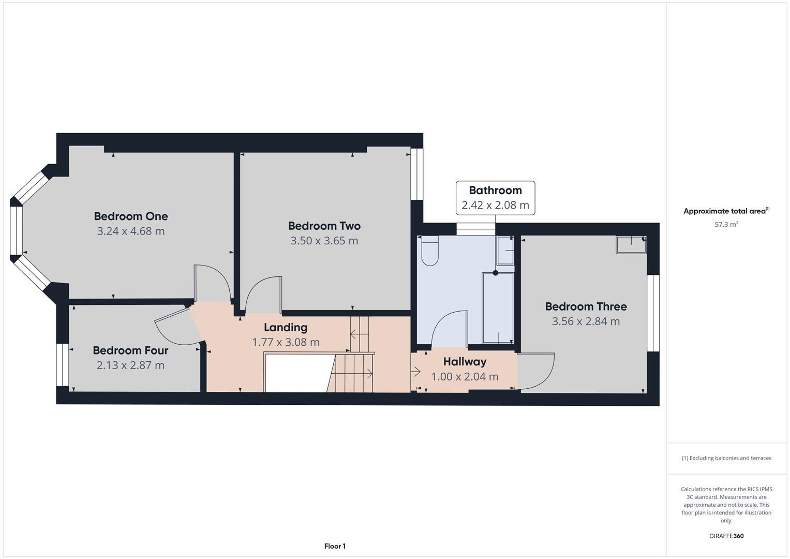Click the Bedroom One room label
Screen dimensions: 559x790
click(130, 216)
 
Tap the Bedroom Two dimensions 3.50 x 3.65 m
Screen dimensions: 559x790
click(324, 241)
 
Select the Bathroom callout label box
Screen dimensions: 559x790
click(495, 198)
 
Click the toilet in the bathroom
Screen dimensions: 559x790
click(429, 251)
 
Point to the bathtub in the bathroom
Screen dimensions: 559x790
click(498, 308)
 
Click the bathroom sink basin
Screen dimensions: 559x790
click(505, 251)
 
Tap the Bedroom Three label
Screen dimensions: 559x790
click(586, 306)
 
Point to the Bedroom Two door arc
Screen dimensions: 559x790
click(264, 295)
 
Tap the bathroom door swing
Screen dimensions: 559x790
click(449, 329)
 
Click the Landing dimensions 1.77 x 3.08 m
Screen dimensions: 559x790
click(286, 342)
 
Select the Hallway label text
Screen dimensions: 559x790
click(465, 362)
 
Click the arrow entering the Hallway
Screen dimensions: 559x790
click(416, 371)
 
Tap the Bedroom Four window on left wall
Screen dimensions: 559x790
click(63, 364)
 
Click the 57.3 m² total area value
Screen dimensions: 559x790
click(726, 225)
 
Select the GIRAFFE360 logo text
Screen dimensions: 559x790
click(726, 536)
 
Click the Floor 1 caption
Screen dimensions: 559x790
click(335, 546)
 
